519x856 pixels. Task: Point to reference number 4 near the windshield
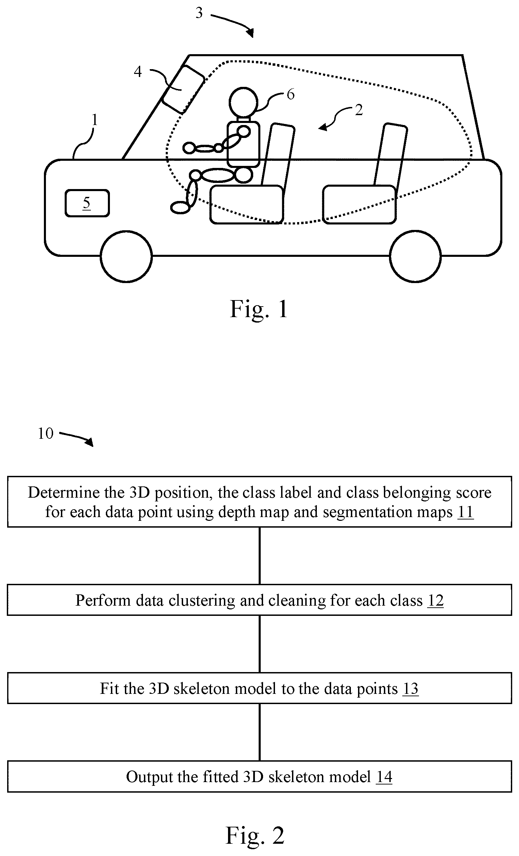pos(138,72)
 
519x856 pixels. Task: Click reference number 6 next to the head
pos(291,94)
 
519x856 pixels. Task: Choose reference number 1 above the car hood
pos(94,120)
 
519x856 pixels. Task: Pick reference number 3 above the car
pos(199,13)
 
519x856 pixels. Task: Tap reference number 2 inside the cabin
pos(359,110)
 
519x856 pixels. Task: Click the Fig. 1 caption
pos(259,309)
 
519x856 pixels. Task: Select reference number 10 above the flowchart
pos(46,433)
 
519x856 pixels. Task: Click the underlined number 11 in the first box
pos(466,512)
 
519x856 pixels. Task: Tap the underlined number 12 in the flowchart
pos(435,600)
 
